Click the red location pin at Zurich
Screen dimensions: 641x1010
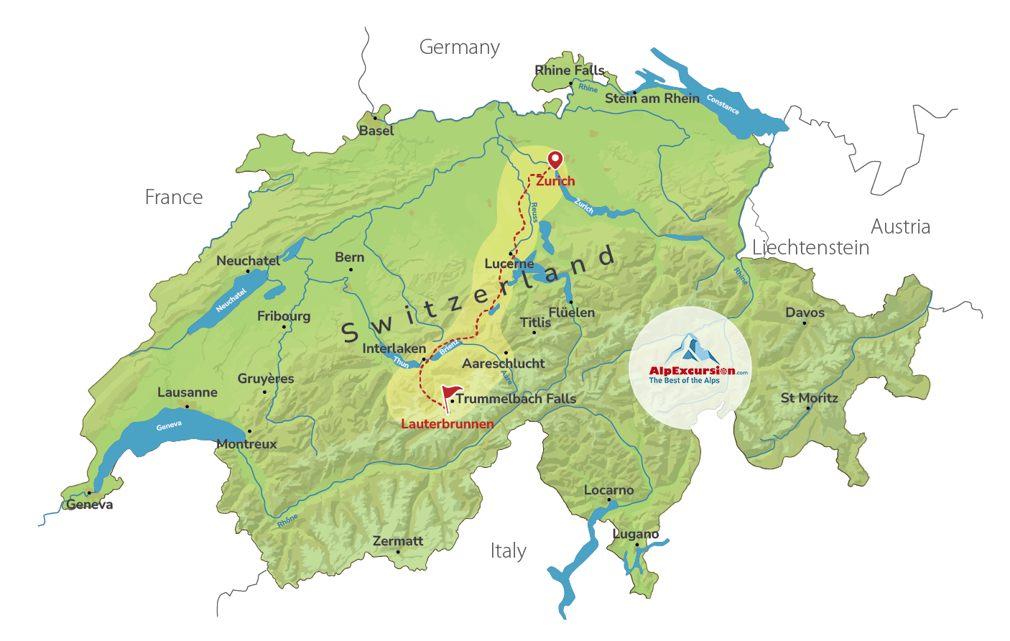555,160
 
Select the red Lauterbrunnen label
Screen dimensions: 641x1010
447,424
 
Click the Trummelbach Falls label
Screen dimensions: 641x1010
516,399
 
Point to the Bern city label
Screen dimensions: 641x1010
350,257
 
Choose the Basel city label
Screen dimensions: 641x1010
376,131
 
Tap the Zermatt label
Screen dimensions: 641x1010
398,541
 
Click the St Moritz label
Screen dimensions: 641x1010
810,398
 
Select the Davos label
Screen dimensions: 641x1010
805,313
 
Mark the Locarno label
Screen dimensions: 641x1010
608,490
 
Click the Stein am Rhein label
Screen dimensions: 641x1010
652,98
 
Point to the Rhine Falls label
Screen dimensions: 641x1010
570,70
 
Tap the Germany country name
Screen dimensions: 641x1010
460,47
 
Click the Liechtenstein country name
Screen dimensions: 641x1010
810,248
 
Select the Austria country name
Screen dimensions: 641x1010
900,227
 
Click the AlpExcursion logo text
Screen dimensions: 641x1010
692,371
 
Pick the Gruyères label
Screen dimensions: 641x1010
266,379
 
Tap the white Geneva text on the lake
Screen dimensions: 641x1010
169,426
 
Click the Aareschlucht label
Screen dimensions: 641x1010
503,364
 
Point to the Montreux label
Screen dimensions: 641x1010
246,444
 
